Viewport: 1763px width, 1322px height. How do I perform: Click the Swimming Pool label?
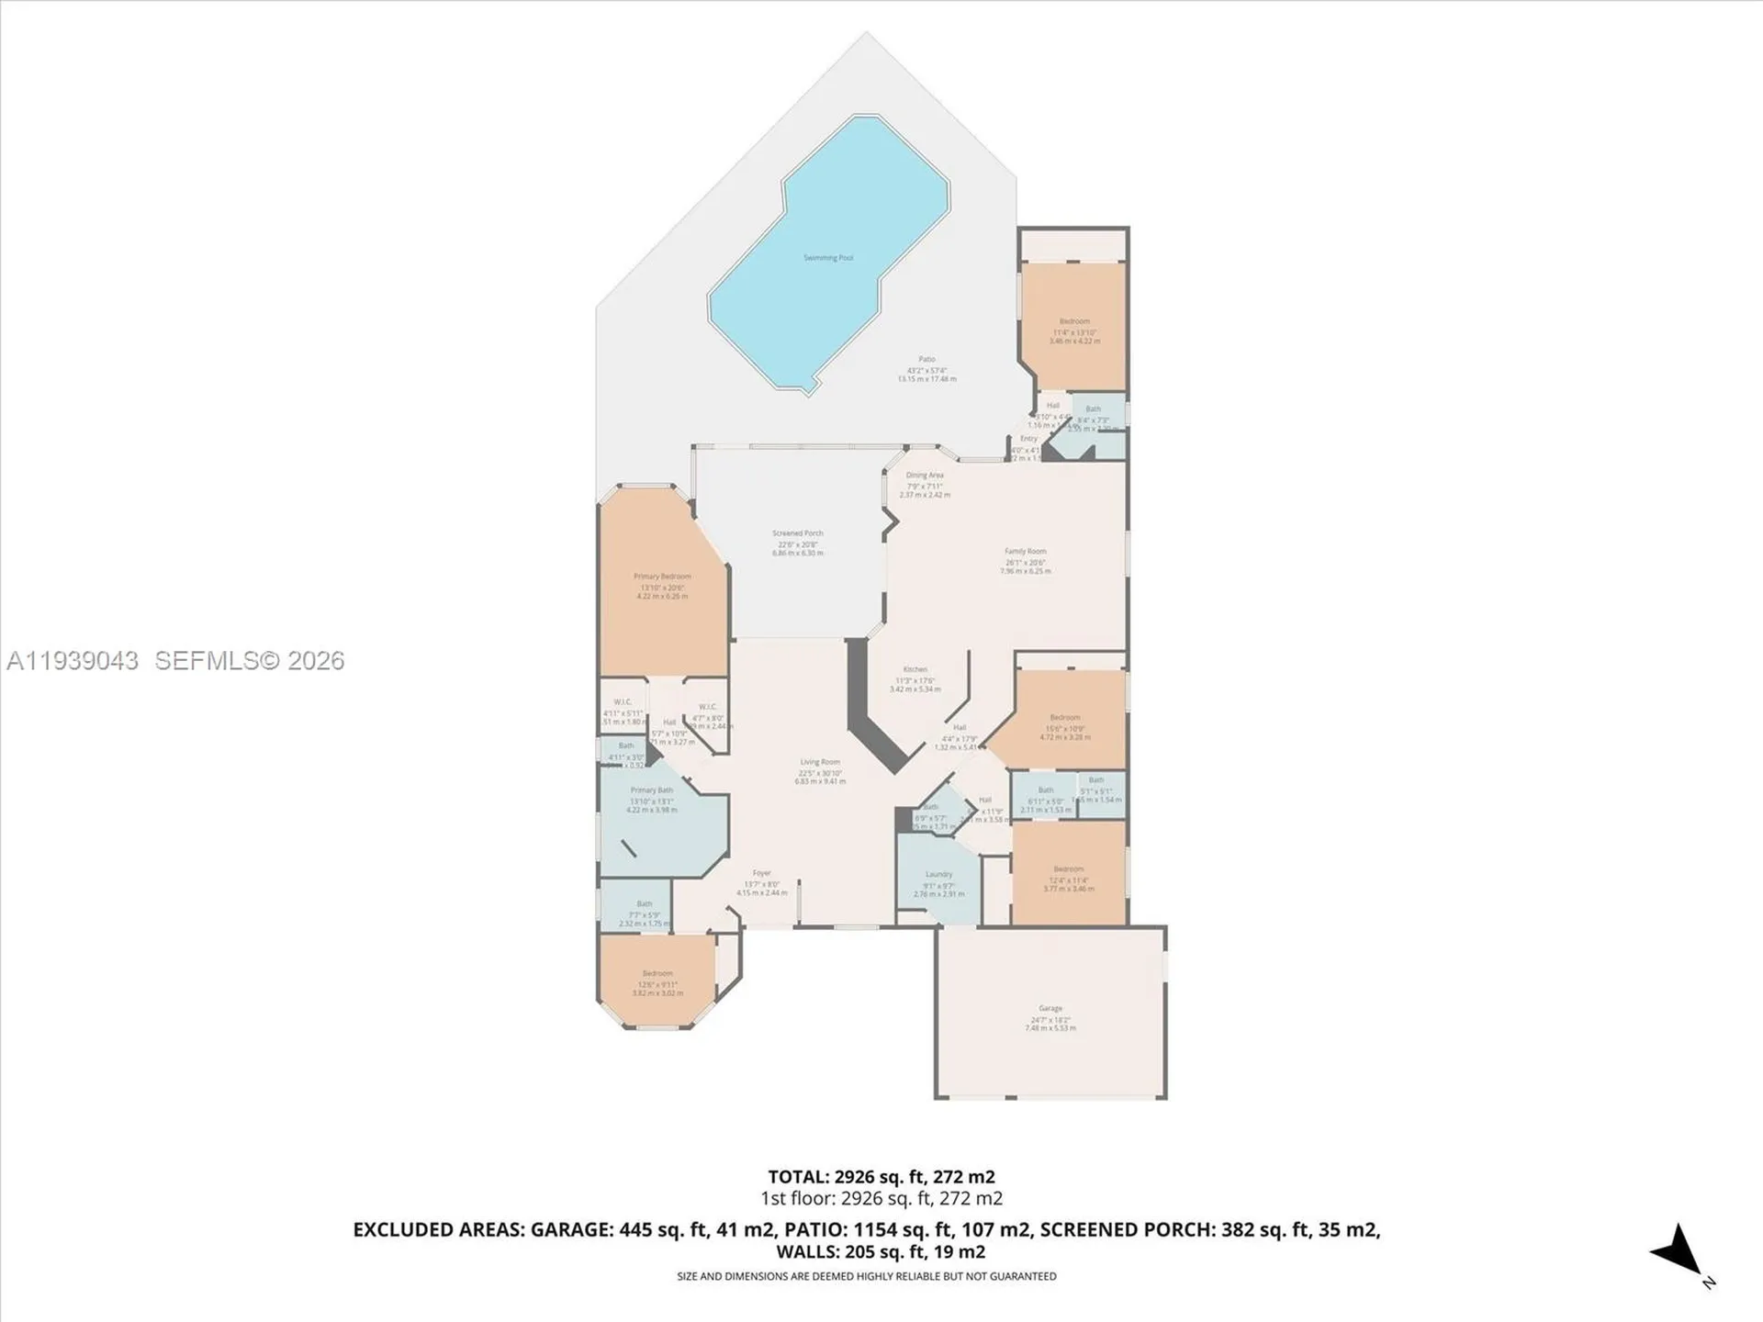827,258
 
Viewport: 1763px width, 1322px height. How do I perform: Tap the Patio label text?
926,360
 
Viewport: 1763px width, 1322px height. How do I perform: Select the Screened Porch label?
797,533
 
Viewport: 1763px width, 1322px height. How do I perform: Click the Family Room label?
1025,552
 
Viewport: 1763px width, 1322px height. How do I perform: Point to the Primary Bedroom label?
661,577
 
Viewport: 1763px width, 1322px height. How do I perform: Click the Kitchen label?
915,669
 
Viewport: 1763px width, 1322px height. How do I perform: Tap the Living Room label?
819,762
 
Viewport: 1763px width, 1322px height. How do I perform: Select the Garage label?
1050,1008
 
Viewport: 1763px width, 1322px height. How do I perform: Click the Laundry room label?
938,875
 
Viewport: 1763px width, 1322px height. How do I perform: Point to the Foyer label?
761,873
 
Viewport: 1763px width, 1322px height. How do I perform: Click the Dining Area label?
924,476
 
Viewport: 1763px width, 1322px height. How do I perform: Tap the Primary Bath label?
651,790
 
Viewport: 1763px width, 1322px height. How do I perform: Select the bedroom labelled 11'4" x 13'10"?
1073,322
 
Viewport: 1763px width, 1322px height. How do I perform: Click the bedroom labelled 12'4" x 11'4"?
1068,869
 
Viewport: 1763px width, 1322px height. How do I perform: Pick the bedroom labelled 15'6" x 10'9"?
1064,718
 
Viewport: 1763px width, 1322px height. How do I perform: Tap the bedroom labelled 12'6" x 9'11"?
657,973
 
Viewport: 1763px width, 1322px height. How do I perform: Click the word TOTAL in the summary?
798,1177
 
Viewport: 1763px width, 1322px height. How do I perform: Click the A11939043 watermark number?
73,661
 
